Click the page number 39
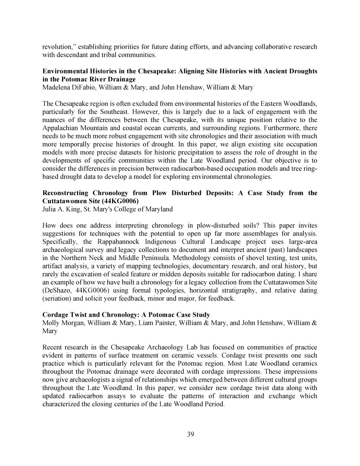pos(190,435)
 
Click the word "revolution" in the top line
pos(56,47)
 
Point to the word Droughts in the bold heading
pos(300,71)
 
